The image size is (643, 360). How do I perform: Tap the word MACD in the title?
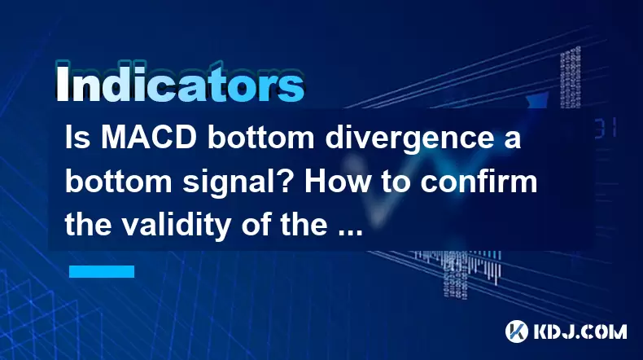click(149, 138)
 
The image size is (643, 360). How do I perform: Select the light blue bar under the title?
click(102, 271)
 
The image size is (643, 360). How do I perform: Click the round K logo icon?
click(516, 331)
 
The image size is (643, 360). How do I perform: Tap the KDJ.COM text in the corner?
click(580, 331)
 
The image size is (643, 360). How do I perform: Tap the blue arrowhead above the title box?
click(537, 100)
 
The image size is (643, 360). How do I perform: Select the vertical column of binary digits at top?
click(570, 77)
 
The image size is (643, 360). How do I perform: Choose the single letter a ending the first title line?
click(513, 141)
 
